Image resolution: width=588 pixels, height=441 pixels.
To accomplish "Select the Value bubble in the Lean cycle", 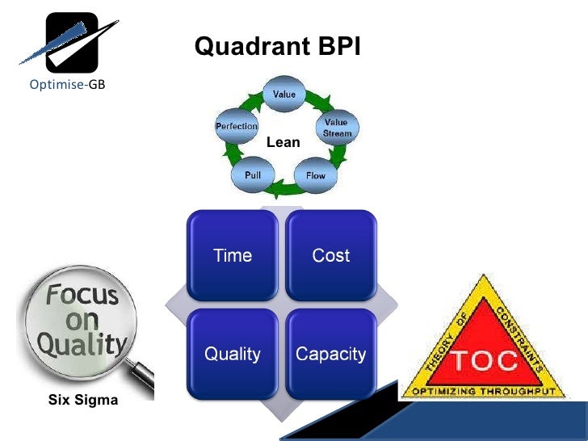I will pos(283,94).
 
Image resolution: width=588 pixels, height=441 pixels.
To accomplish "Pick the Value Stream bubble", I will pos(336,128).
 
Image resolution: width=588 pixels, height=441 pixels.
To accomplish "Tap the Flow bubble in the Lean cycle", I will pos(315,175).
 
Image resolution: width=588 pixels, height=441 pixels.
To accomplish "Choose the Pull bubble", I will pos(252,174).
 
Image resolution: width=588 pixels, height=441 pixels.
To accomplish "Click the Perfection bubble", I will pos(236,126).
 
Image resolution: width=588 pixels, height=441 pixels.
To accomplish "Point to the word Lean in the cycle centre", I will pos(283,142).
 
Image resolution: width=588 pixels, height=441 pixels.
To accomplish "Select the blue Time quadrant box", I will pos(233,256).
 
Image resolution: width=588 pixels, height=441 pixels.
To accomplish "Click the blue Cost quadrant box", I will pos(331,256).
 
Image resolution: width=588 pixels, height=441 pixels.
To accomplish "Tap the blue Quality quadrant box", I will pos(233,354).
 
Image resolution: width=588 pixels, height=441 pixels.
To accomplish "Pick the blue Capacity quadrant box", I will pos(331,354).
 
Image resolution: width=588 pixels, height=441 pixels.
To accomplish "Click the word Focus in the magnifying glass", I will pos(82,294).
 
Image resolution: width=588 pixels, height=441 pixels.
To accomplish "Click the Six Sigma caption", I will pos(83,399).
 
